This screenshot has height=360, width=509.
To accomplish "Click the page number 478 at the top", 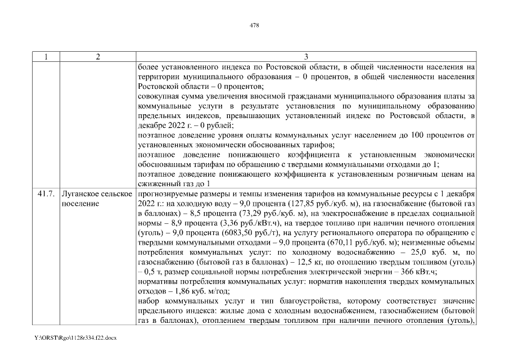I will tap(254, 25).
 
